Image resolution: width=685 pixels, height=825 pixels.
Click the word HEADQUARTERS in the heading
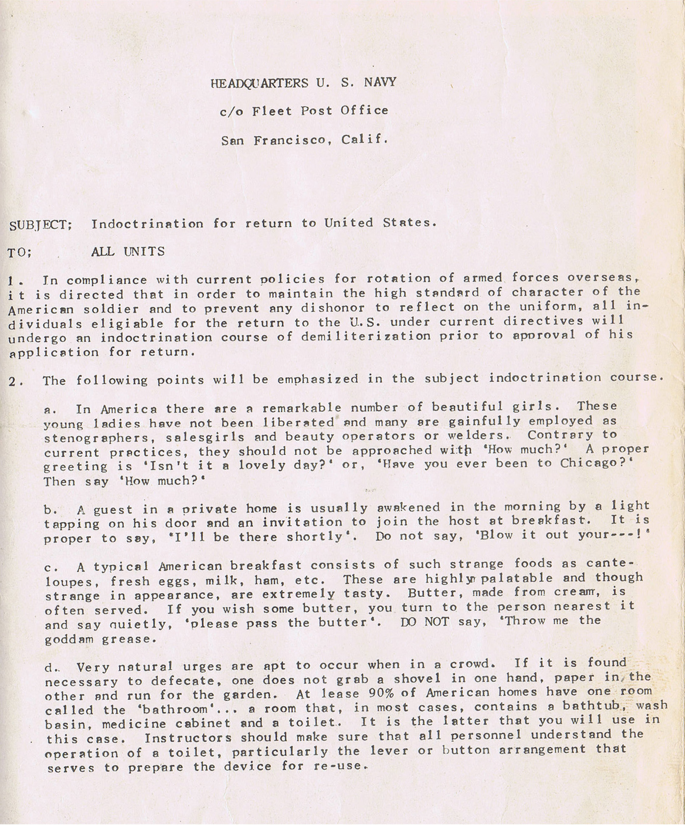(259, 83)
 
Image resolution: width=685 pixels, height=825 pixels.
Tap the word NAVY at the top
(380, 82)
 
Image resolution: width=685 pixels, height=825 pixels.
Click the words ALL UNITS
(128, 252)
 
